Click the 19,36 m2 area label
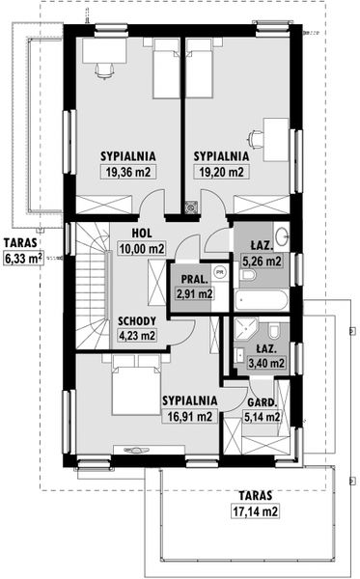tap(128, 172)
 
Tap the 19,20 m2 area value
tap(222, 172)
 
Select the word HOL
tap(142, 233)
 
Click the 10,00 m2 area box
tap(142, 249)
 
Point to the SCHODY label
tap(137, 321)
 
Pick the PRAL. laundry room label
tap(195, 279)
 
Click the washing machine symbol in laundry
tap(220, 272)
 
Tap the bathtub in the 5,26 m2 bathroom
tap(262, 300)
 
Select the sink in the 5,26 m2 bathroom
tap(282, 234)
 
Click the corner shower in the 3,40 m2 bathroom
tap(245, 329)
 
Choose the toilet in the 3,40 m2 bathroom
tap(273, 330)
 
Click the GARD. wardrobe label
tap(262, 402)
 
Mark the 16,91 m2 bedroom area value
tap(190, 417)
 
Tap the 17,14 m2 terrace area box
tap(255, 511)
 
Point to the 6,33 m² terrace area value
tap(23, 258)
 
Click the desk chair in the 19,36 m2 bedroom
tap(104, 69)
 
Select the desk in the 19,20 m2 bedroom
tap(276, 140)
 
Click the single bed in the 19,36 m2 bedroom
tap(167, 69)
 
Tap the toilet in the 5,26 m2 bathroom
tap(247, 275)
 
